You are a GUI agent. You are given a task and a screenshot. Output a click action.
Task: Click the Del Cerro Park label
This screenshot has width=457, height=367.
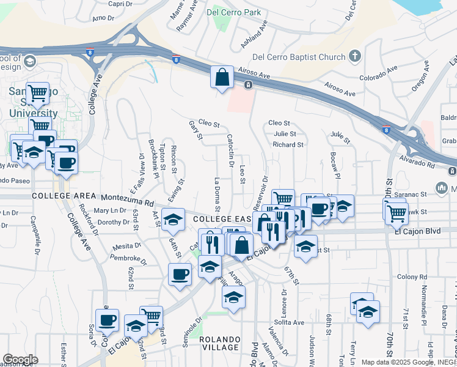point(234,12)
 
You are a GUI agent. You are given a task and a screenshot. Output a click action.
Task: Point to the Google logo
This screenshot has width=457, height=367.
point(20,360)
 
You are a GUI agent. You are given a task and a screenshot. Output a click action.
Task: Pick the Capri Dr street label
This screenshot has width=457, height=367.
point(120,4)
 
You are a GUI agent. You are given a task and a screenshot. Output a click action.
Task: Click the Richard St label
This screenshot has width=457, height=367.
point(288,145)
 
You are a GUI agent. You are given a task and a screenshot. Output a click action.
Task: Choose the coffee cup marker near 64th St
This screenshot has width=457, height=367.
point(180,274)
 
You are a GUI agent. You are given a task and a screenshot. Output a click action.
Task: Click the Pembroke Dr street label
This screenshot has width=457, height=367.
point(129,259)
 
